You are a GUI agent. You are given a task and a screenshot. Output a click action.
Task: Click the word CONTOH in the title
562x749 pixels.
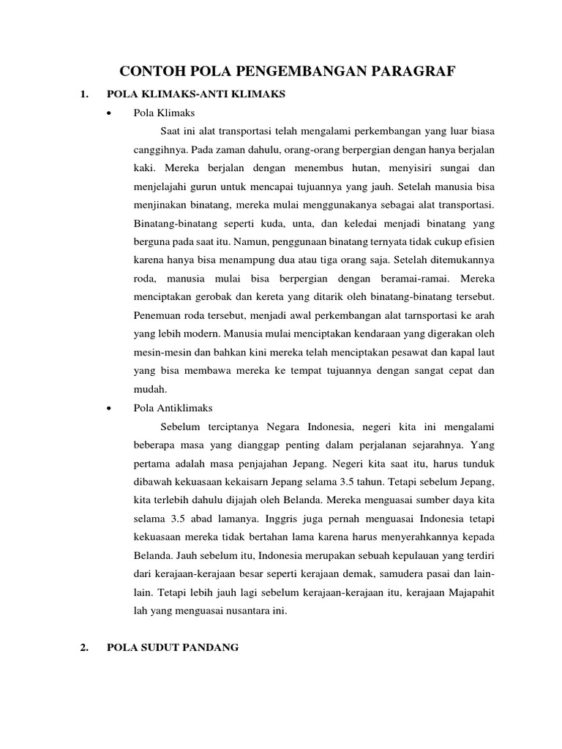point(153,71)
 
